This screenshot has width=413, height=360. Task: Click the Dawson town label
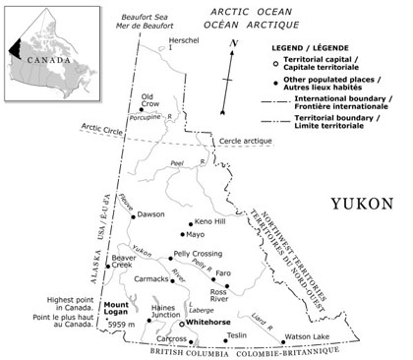pyautogui.click(x=150, y=214)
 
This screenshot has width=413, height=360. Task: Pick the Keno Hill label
pyautogui.click(x=210, y=222)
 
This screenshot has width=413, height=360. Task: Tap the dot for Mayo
pyautogui.click(x=180, y=235)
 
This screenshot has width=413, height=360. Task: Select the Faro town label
pyautogui.click(x=223, y=272)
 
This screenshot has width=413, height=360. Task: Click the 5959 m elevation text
pyautogui.click(x=123, y=326)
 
